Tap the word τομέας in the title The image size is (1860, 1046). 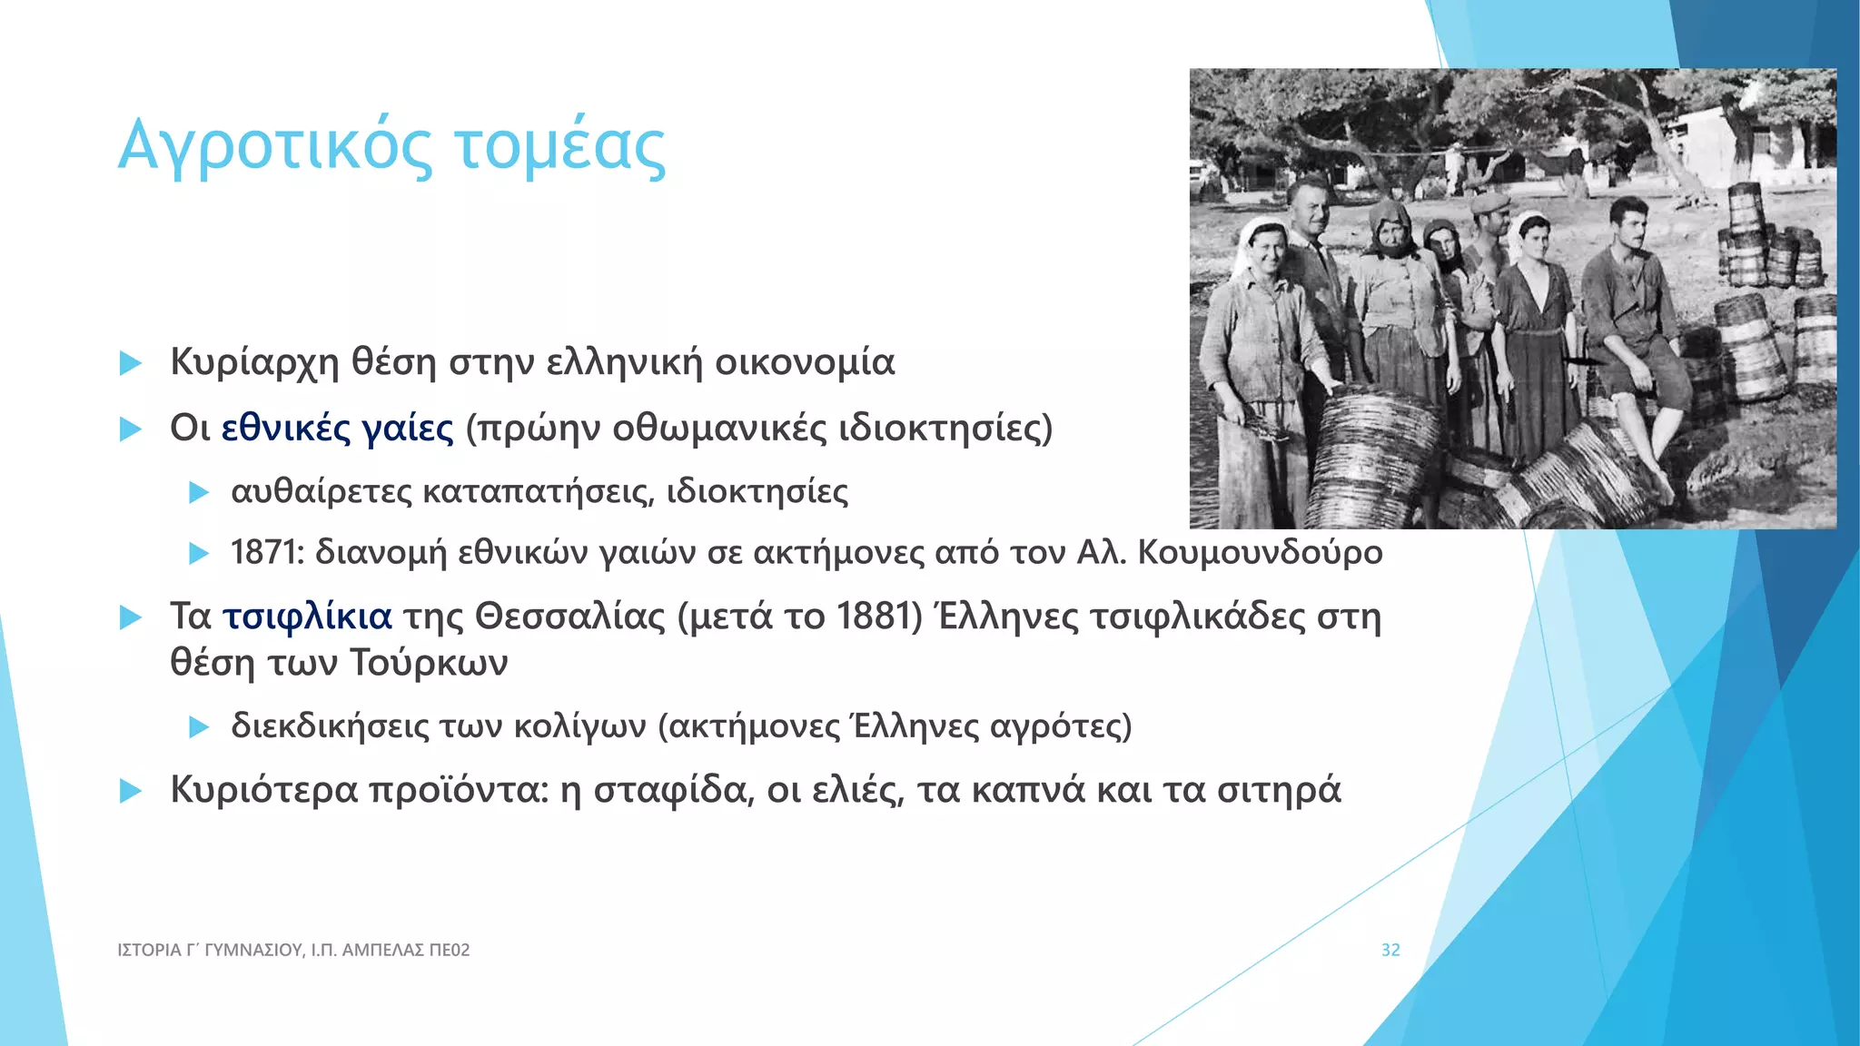560,147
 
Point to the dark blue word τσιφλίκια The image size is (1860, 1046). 308,617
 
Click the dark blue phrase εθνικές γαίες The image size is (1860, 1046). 337,428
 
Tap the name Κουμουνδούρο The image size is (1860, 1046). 1260,552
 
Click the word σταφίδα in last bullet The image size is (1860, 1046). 673,790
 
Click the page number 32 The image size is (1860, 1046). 1390,950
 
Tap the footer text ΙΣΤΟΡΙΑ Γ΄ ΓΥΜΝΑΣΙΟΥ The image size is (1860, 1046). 210,950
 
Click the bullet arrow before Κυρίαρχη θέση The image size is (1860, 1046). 131,364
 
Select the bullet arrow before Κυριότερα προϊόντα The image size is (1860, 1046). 131,791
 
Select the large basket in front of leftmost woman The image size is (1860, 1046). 1371,454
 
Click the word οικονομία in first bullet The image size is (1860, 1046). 805,362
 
